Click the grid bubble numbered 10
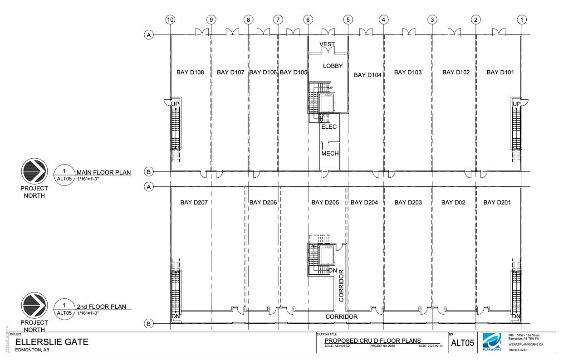(171, 19)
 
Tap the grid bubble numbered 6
(308, 19)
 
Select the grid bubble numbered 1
(522, 19)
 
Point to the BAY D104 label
(367, 75)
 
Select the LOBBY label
(333, 66)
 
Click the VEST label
(327, 44)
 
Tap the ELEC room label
(329, 127)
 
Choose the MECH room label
(330, 154)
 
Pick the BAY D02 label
(453, 203)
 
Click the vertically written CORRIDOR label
(342, 285)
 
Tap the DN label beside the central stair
(333, 271)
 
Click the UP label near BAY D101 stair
(516, 104)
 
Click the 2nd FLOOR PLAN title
(101, 306)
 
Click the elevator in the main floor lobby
(325, 103)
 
